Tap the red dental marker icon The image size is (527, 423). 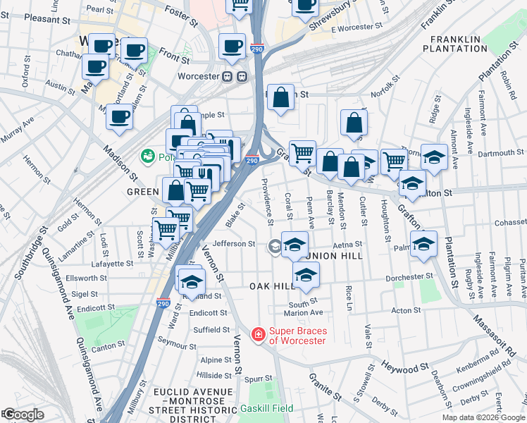(259, 333)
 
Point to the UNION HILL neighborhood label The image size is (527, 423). (334, 255)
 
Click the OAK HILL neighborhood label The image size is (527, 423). (272, 286)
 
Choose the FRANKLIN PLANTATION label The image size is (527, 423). (454, 44)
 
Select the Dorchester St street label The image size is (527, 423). (409, 276)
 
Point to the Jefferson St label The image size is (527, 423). (233, 244)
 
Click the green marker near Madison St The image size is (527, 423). (148, 155)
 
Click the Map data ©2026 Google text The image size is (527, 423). (483, 417)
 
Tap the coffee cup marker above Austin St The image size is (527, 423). (94, 66)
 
